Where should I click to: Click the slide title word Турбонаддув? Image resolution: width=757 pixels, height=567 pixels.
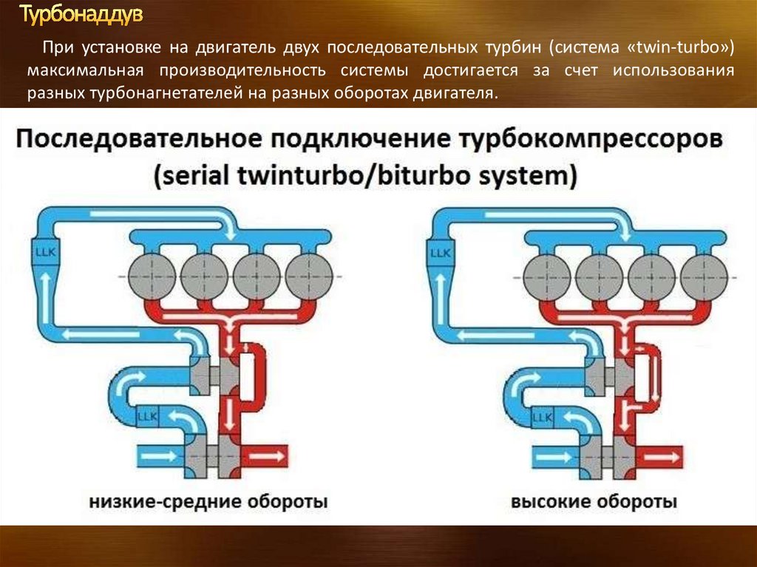pyautogui.click(x=81, y=15)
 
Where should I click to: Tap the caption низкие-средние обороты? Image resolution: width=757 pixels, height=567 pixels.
pyautogui.click(x=208, y=501)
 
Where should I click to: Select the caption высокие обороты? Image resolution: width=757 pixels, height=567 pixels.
pyautogui.click(x=594, y=501)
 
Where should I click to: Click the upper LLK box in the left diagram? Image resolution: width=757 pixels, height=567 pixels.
pyautogui.click(x=46, y=251)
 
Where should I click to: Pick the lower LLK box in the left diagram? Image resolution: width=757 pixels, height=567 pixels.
pyautogui.click(x=147, y=416)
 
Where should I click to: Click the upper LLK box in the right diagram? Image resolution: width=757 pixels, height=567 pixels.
pyautogui.click(x=441, y=253)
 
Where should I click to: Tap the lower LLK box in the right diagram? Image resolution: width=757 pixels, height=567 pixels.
pyautogui.click(x=542, y=417)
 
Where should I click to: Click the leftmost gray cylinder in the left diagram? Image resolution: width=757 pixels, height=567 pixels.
pyautogui.click(x=152, y=276)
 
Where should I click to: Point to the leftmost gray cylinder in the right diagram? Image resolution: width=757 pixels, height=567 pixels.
pyautogui.click(x=546, y=278)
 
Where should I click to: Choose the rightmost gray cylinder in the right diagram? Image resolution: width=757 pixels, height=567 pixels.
pyautogui.click(x=705, y=278)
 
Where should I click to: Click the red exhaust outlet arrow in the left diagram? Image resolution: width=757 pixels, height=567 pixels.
pyautogui.click(x=266, y=456)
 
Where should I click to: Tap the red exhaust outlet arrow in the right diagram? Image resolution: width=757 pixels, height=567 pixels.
pyautogui.click(x=662, y=457)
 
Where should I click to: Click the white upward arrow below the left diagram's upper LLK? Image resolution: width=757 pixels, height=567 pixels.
pyautogui.click(x=46, y=297)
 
